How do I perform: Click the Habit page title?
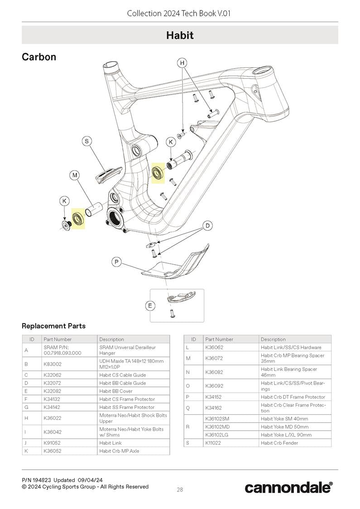tap(180, 35)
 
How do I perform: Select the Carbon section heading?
tap(39, 57)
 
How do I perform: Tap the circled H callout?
tap(182, 63)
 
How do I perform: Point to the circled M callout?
tap(75, 175)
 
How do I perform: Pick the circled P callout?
tap(117, 262)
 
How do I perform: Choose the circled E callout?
tap(150, 306)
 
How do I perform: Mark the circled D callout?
tap(207, 225)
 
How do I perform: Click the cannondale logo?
tap(288, 487)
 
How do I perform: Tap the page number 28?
tap(180, 489)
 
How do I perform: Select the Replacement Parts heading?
tap(53, 326)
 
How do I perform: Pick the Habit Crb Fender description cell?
tap(279, 443)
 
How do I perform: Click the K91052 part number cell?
tap(53, 443)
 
